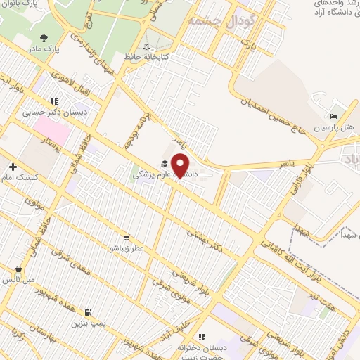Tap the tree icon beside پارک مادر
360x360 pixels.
point(44,38)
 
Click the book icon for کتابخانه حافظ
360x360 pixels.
point(147,47)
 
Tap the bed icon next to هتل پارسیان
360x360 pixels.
point(334,117)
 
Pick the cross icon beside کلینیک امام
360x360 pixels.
point(13,167)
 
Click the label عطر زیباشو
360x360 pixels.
point(127,248)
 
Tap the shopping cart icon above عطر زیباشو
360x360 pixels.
point(127,238)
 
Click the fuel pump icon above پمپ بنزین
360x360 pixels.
point(87,313)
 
